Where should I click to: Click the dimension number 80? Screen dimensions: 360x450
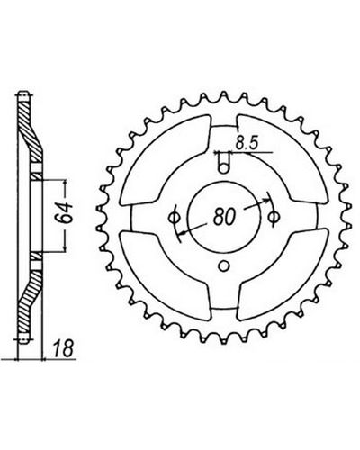coord(224,217)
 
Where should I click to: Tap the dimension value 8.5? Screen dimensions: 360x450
coord(247,144)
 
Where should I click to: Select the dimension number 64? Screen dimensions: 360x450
coord(65,213)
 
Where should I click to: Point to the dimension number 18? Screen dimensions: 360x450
coord(64,348)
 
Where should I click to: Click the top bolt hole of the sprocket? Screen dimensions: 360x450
coord(223,168)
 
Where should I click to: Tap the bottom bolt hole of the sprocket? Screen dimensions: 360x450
coord(223,265)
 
